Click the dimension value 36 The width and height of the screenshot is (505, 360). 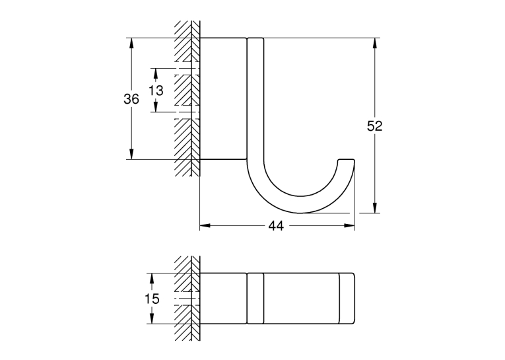pos(131,99)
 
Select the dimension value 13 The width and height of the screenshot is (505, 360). pos(156,90)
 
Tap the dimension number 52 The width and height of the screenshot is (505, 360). pos(374,126)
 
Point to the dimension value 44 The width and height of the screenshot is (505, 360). pos(277,226)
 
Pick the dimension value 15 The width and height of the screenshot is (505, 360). pos(152,299)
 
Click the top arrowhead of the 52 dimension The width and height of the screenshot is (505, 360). pos(374,43)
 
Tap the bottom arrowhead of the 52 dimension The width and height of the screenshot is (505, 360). pos(374,208)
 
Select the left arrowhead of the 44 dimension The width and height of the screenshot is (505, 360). pos(205,226)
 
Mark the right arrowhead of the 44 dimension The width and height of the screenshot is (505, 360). pos(349,226)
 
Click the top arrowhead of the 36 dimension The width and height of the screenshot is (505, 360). pos(131,43)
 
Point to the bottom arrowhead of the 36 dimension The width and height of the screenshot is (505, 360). pos(131,154)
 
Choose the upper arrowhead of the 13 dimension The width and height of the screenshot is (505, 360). pos(156,74)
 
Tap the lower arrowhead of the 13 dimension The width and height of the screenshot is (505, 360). pos(156,106)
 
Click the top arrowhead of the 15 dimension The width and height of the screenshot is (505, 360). pos(152,279)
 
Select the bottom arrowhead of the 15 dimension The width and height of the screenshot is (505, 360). pos(152,318)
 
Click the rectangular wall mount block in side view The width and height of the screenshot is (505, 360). pos(223,98)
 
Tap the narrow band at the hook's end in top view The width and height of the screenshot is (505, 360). pos(347,299)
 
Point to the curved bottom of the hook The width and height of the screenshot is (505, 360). pos(301,205)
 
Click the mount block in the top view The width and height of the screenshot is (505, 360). pos(223,299)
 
